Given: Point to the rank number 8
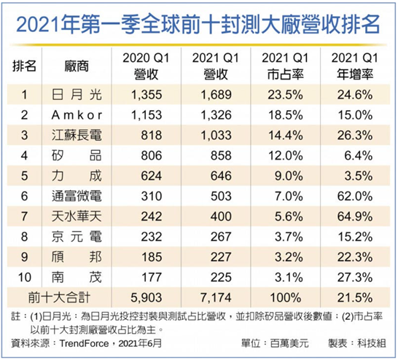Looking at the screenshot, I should point(27,236).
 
